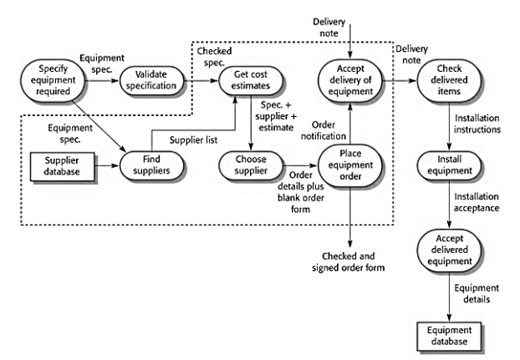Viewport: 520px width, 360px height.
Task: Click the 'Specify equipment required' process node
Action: (53, 80)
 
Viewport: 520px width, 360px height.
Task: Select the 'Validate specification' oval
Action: (151, 80)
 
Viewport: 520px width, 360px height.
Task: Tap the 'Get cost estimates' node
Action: (251, 80)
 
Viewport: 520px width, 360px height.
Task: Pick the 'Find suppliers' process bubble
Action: (151, 165)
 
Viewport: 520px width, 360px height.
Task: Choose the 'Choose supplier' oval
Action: (251, 165)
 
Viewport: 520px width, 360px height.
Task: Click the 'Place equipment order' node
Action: (350, 165)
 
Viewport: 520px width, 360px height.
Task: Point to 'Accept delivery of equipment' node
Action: (350, 80)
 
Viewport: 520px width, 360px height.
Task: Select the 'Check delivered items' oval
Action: (449, 80)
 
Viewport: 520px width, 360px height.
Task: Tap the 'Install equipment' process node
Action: (449, 165)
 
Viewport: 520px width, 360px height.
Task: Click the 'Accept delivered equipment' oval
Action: (449, 250)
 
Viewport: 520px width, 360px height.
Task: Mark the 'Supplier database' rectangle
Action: (62, 166)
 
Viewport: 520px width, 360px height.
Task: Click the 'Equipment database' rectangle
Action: (449, 336)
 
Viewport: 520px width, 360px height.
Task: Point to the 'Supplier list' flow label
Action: (193, 140)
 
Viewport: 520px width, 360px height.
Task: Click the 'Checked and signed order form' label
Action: (349, 262)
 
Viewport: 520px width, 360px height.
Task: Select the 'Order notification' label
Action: (324, 130)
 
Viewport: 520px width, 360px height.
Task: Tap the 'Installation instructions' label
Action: (477, 124)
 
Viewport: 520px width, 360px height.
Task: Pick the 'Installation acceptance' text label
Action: (477, 202)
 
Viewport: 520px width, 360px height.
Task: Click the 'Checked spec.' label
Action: (214, 57)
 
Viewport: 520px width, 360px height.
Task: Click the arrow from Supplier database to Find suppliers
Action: (107, 165)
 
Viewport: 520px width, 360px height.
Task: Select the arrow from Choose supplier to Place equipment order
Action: (300, 165)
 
